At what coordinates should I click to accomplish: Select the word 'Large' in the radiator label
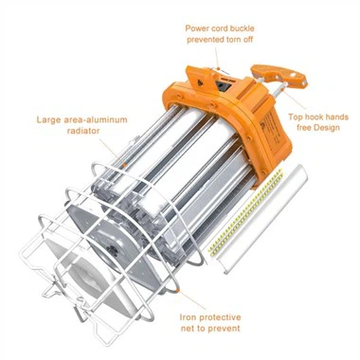click(x=47, y=120)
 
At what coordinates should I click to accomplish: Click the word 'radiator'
click(x=83, y=131)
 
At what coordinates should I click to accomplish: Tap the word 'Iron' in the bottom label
click(x=189, y=317)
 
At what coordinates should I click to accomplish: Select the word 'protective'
click(x=220, y=317)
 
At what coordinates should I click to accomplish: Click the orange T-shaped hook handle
click(x=279, y=74)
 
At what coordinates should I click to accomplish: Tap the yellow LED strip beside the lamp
click(x=245, y=210)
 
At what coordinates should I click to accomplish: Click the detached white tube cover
click(x=262, y=218)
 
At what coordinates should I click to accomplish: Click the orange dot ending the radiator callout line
click(x=125, y=165)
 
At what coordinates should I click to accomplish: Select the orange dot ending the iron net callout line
click(x=178, y=289)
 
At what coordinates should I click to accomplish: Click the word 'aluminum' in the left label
click(x=107, y=120)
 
